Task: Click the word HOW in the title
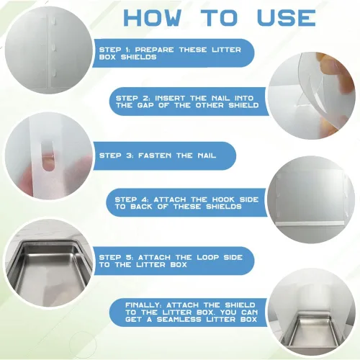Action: coord(153,18)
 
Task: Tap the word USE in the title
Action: coord(287,18)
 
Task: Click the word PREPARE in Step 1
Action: coord(154,50)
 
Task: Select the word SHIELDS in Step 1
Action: coord(139,57)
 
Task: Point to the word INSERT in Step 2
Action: coord(170,98)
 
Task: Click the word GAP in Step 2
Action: coord(146,105)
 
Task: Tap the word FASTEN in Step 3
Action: coord(155,156)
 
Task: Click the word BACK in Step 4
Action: coord(141,207)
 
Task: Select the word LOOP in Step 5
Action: coord(207,258)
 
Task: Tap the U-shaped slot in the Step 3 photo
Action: coord(47,156)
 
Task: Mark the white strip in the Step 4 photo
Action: coord(312,223)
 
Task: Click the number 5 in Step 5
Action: coord(128,258)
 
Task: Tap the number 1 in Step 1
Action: coord(127,50)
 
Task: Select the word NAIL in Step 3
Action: coord(207,156)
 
